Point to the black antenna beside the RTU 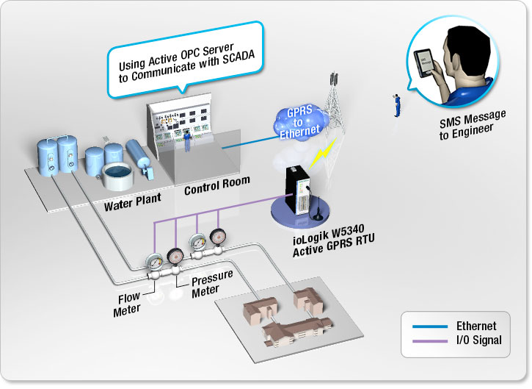click(321, 214)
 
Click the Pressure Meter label click(212, 283)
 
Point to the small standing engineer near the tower click(396, 106)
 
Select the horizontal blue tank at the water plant click(139, 158)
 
